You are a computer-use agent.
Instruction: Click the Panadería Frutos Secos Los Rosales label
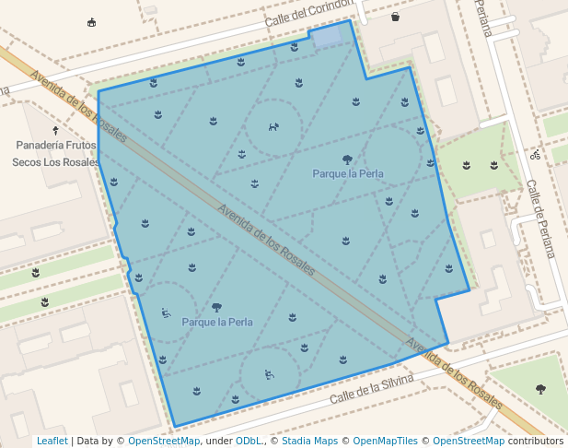[x=55, y=153]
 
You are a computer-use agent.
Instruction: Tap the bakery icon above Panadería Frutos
[x=56, y=131]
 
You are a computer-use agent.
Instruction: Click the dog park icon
[x=273, y=127]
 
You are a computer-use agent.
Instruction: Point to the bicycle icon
[x=535, y=155]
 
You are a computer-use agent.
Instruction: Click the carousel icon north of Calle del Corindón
[x=90, y=23]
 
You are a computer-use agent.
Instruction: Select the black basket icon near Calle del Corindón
[x=395, y=17]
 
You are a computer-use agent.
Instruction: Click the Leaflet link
[x=52, y=441]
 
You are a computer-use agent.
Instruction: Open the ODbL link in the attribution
[x=249, y=441]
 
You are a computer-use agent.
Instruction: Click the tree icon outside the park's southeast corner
[x=540, y=389]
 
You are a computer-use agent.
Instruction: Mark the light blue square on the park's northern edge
[x=330, y=35]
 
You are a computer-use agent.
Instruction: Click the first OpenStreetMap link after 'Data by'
[x=164, y=441]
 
